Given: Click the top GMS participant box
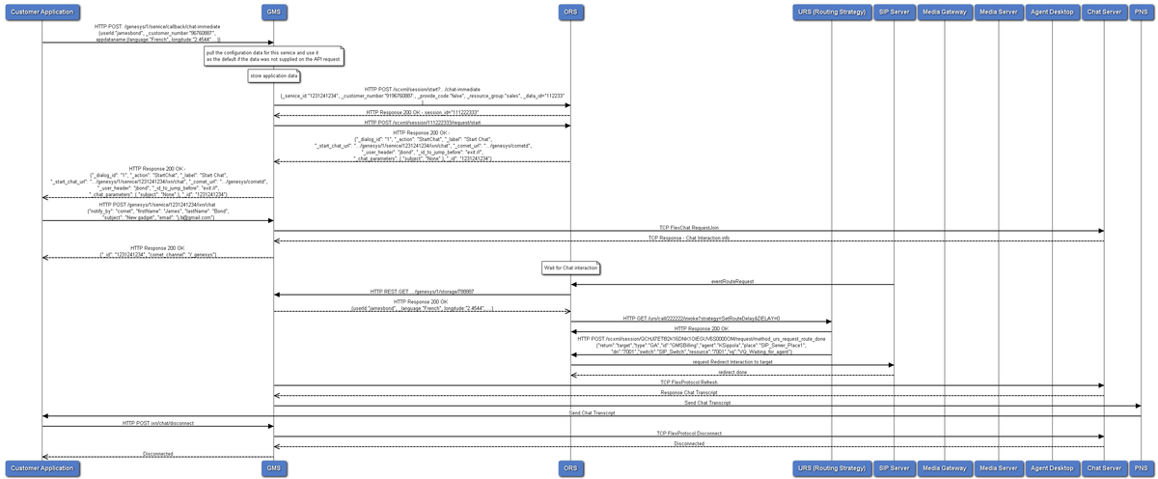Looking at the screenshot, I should (x=274, y=12).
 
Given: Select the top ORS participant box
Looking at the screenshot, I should (x=571, y=12).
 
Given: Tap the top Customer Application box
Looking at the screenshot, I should (x=41, y=12).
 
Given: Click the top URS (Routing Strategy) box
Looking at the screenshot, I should (x=831, y=12).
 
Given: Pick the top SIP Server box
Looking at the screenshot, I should (x=894, y=12).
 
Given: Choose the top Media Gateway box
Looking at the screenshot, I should (x=944, y=12).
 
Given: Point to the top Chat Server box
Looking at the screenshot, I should (x=1104, y=12).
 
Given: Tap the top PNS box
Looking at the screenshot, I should (x=1142, y=12).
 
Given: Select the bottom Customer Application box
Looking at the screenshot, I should (x=41, y=468).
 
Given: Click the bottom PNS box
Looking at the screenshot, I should (x=1142, y=468).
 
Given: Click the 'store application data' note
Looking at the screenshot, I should (x=274, y=75).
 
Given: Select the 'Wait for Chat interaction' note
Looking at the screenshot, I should (x=571, y=267).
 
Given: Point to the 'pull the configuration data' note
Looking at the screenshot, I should (x=274, y=56).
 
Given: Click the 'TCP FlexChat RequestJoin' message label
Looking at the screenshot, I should (x=689, y=228).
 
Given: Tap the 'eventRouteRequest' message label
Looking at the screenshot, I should (x=732, y=281).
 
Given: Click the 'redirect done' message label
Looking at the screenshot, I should (x=732, y=372).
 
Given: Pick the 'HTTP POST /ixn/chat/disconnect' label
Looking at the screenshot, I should (x=157, y=423).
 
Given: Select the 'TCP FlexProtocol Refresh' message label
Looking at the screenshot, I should (x=689, y=382).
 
